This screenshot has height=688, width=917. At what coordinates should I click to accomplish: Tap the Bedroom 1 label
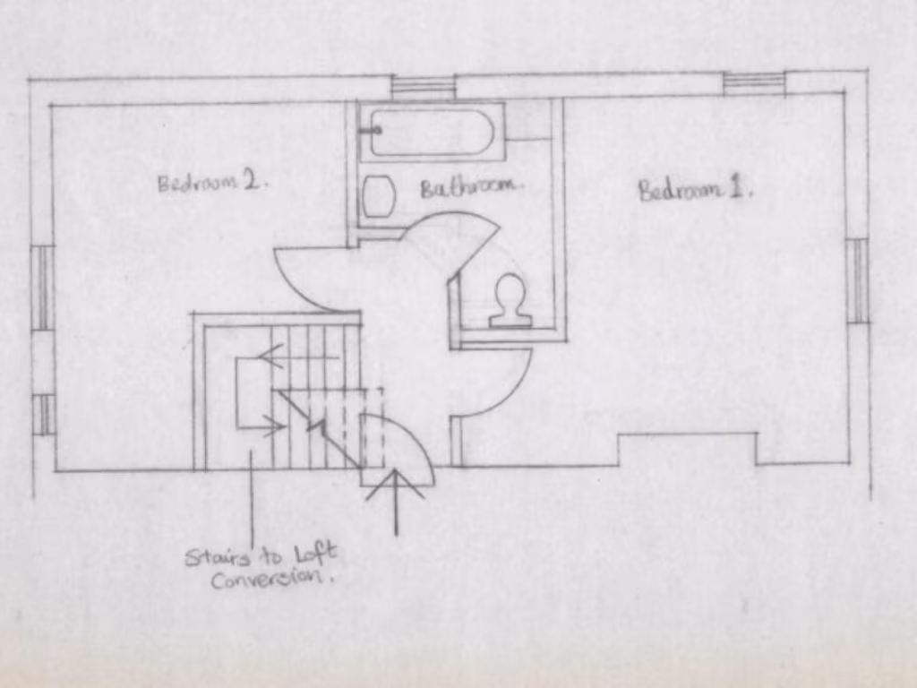[695, 190]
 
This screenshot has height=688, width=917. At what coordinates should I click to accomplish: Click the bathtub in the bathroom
[433, 133]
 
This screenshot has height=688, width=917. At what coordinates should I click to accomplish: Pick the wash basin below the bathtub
[379, 196]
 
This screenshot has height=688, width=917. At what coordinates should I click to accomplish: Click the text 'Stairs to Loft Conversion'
[261, 567]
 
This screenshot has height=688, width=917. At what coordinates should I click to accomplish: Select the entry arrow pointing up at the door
[396, 502]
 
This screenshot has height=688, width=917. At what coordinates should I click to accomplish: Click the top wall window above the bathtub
[424, 87]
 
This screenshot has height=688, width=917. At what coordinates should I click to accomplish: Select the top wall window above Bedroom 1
[754, 83]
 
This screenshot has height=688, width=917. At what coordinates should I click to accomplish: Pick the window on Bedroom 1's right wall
[857, 280]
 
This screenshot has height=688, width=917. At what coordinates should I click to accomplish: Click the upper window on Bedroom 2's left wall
[43, 288]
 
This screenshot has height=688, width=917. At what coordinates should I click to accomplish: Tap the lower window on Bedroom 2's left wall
[43, 415]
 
